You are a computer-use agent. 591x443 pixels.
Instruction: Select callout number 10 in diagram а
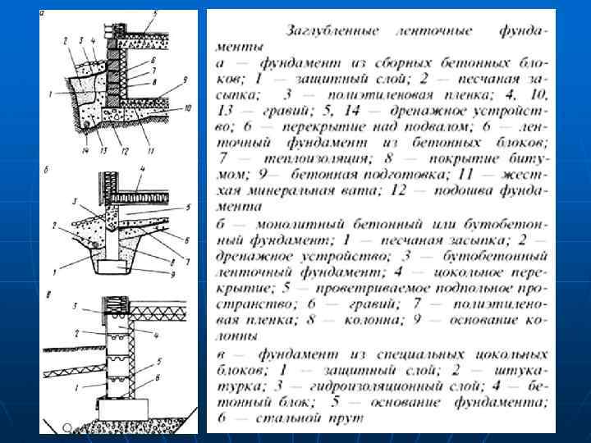[x=188, y=107]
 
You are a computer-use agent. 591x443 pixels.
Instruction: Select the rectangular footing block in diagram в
[x=124, y=408]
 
